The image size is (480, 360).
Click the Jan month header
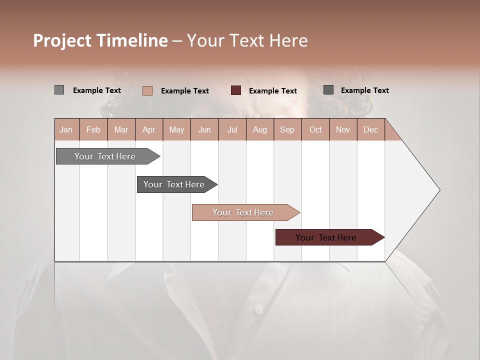66,129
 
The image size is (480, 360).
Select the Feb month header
93,129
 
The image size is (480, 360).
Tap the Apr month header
148,129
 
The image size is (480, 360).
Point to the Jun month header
204,129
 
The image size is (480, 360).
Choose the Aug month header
259,129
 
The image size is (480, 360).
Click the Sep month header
287,129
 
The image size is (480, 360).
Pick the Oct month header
315,129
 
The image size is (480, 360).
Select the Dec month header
370,129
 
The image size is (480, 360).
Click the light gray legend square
59,90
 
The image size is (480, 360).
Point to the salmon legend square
147,90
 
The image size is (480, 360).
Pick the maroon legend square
236,90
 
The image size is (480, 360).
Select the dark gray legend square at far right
328,90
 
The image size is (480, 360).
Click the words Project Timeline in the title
100,40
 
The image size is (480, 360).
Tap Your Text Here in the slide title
247,40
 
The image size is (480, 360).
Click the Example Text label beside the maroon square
273,91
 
